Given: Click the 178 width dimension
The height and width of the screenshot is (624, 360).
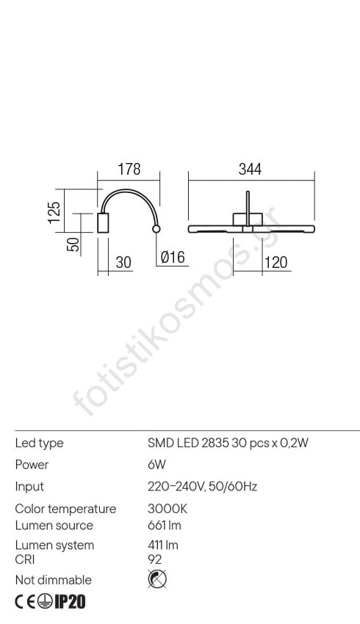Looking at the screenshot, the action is (129, 169).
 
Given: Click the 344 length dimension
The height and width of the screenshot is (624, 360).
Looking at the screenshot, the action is (250, 169).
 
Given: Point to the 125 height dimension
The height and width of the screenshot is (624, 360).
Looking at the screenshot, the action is (54, 212).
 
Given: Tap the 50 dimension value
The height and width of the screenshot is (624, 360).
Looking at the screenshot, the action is (73, 244).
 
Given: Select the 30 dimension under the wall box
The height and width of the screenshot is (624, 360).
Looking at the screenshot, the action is (123, 263).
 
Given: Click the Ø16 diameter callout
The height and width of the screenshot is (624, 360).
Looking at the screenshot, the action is (173, 257).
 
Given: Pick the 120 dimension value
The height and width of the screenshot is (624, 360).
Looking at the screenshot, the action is (276, 263).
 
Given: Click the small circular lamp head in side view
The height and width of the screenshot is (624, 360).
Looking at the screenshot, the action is (156, 229).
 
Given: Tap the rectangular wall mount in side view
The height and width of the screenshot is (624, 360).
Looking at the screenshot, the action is (103, 222).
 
